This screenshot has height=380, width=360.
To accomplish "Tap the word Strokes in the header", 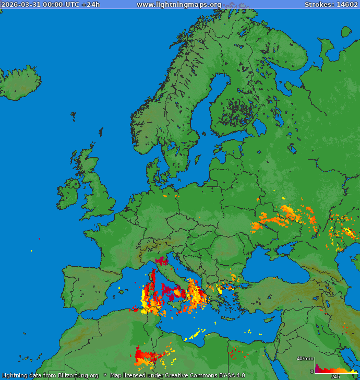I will click(318, 5).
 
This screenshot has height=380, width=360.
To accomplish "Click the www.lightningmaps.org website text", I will click(179, 5).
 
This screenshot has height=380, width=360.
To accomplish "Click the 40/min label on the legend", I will click(304, 358).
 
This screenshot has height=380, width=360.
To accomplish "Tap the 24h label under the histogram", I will click(335, 376).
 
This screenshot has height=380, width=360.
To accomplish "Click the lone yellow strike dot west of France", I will click(31, 251).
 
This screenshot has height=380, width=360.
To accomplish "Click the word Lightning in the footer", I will click(15, 375).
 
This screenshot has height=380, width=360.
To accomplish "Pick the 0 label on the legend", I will click(312, 371).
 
